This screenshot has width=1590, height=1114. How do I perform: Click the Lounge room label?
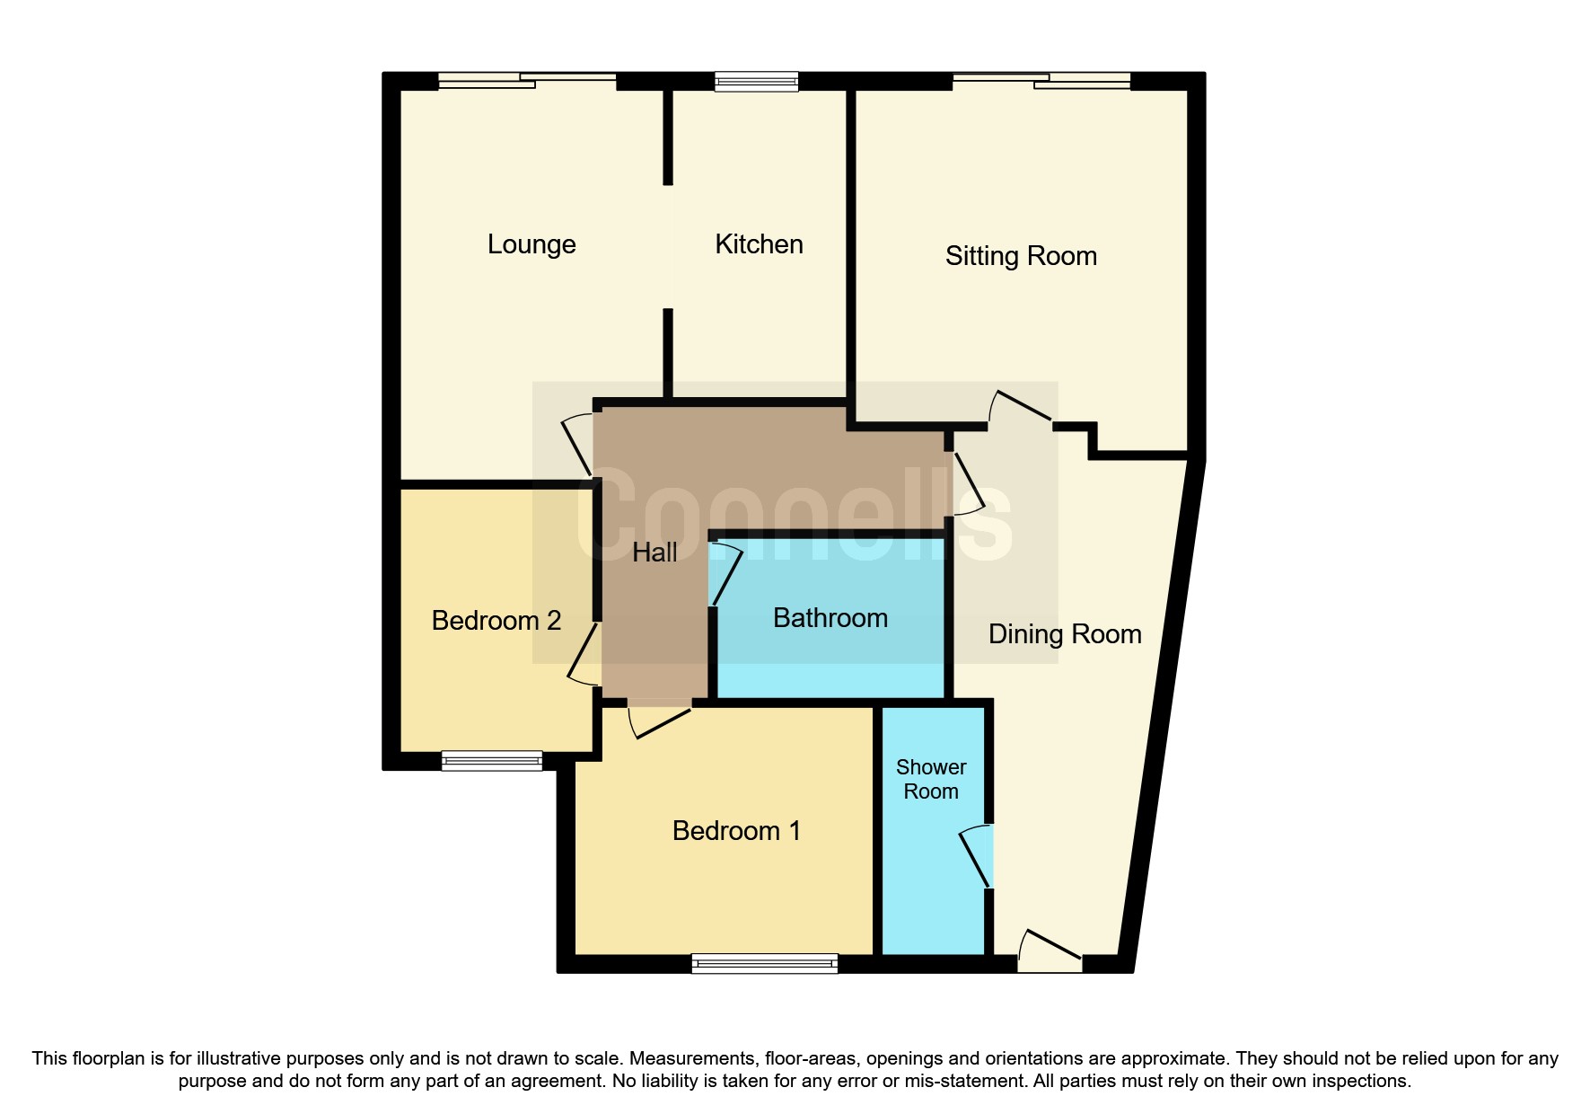[531, 244]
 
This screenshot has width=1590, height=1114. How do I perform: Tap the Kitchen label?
[759, 244]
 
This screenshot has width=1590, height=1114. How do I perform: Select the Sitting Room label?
[1021, 256]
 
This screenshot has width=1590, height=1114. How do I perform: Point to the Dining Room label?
[1065, 634]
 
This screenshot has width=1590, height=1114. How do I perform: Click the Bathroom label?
[830, 618]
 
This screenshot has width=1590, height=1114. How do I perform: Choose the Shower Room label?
[931, 779]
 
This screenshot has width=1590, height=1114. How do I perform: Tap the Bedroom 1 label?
[736, 831]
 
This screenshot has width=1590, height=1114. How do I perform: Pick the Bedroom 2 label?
[496, 621]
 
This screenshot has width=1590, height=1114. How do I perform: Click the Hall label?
[654, 553]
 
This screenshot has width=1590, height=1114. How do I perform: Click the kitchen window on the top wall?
[756, 82]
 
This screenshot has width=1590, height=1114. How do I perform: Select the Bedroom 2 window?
[492, 761]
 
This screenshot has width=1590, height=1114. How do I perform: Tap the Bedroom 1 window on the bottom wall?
[764, 964]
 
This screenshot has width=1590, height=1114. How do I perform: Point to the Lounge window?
[527, 81]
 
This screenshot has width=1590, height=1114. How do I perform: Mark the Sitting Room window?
[1041, 81]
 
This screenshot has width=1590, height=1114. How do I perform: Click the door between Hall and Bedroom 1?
[660, 719]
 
